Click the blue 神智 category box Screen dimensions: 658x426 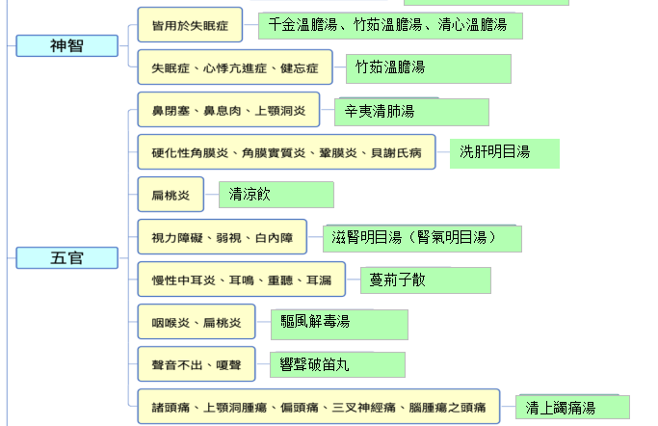pos(67,45)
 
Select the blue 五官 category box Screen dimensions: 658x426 pos(67,257)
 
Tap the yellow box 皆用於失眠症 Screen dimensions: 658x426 pos(190,25)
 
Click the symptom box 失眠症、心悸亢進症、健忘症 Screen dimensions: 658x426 pos(235,67)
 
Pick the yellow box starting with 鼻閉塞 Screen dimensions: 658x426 pos(228,110)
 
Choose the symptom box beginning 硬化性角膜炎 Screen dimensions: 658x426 pos(287,152)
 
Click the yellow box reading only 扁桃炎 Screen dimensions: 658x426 pos(171,195)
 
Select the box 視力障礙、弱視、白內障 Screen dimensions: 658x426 pos(223,237)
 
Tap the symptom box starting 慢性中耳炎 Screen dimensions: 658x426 pos(242,280)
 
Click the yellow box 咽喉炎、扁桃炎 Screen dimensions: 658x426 pos(197,322)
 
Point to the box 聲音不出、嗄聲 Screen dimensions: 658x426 pos(197,364)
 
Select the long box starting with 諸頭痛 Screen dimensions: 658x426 pos(319,407)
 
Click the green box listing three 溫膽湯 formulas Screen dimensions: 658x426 pos(390,26)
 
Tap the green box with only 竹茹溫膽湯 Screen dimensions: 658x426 pos(429,68)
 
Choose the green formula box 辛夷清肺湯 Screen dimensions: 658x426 pos(411,112)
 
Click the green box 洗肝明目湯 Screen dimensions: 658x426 pos(505,153)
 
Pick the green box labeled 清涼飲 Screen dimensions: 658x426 pos(276,195)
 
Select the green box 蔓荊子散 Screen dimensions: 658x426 pos(426,280)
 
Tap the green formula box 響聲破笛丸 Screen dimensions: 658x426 pos(337,364)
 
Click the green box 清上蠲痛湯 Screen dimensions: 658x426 pos(572,407)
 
